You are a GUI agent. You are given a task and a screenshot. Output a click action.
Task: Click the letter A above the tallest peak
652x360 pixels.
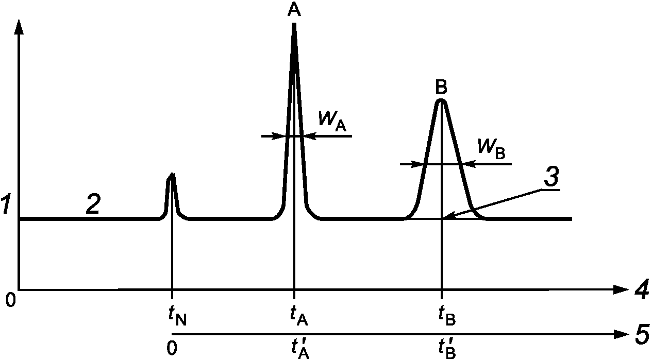(294, 10)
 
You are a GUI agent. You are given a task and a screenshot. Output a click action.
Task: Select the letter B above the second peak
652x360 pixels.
(441, 86)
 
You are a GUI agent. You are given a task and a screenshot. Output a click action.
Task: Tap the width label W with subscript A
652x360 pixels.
(331, 121)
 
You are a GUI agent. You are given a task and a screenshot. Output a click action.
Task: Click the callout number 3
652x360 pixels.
(551, 178)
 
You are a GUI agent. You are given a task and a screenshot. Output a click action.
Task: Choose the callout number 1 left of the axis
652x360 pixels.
(6, 207)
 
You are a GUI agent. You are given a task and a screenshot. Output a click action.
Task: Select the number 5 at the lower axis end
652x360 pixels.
(641, 335)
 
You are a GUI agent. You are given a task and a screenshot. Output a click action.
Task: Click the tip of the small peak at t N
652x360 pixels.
(172, 175)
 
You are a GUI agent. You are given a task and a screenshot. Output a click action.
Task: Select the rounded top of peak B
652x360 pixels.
(441, 100)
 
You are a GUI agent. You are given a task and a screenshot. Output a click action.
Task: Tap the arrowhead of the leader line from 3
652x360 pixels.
(447, 217)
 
